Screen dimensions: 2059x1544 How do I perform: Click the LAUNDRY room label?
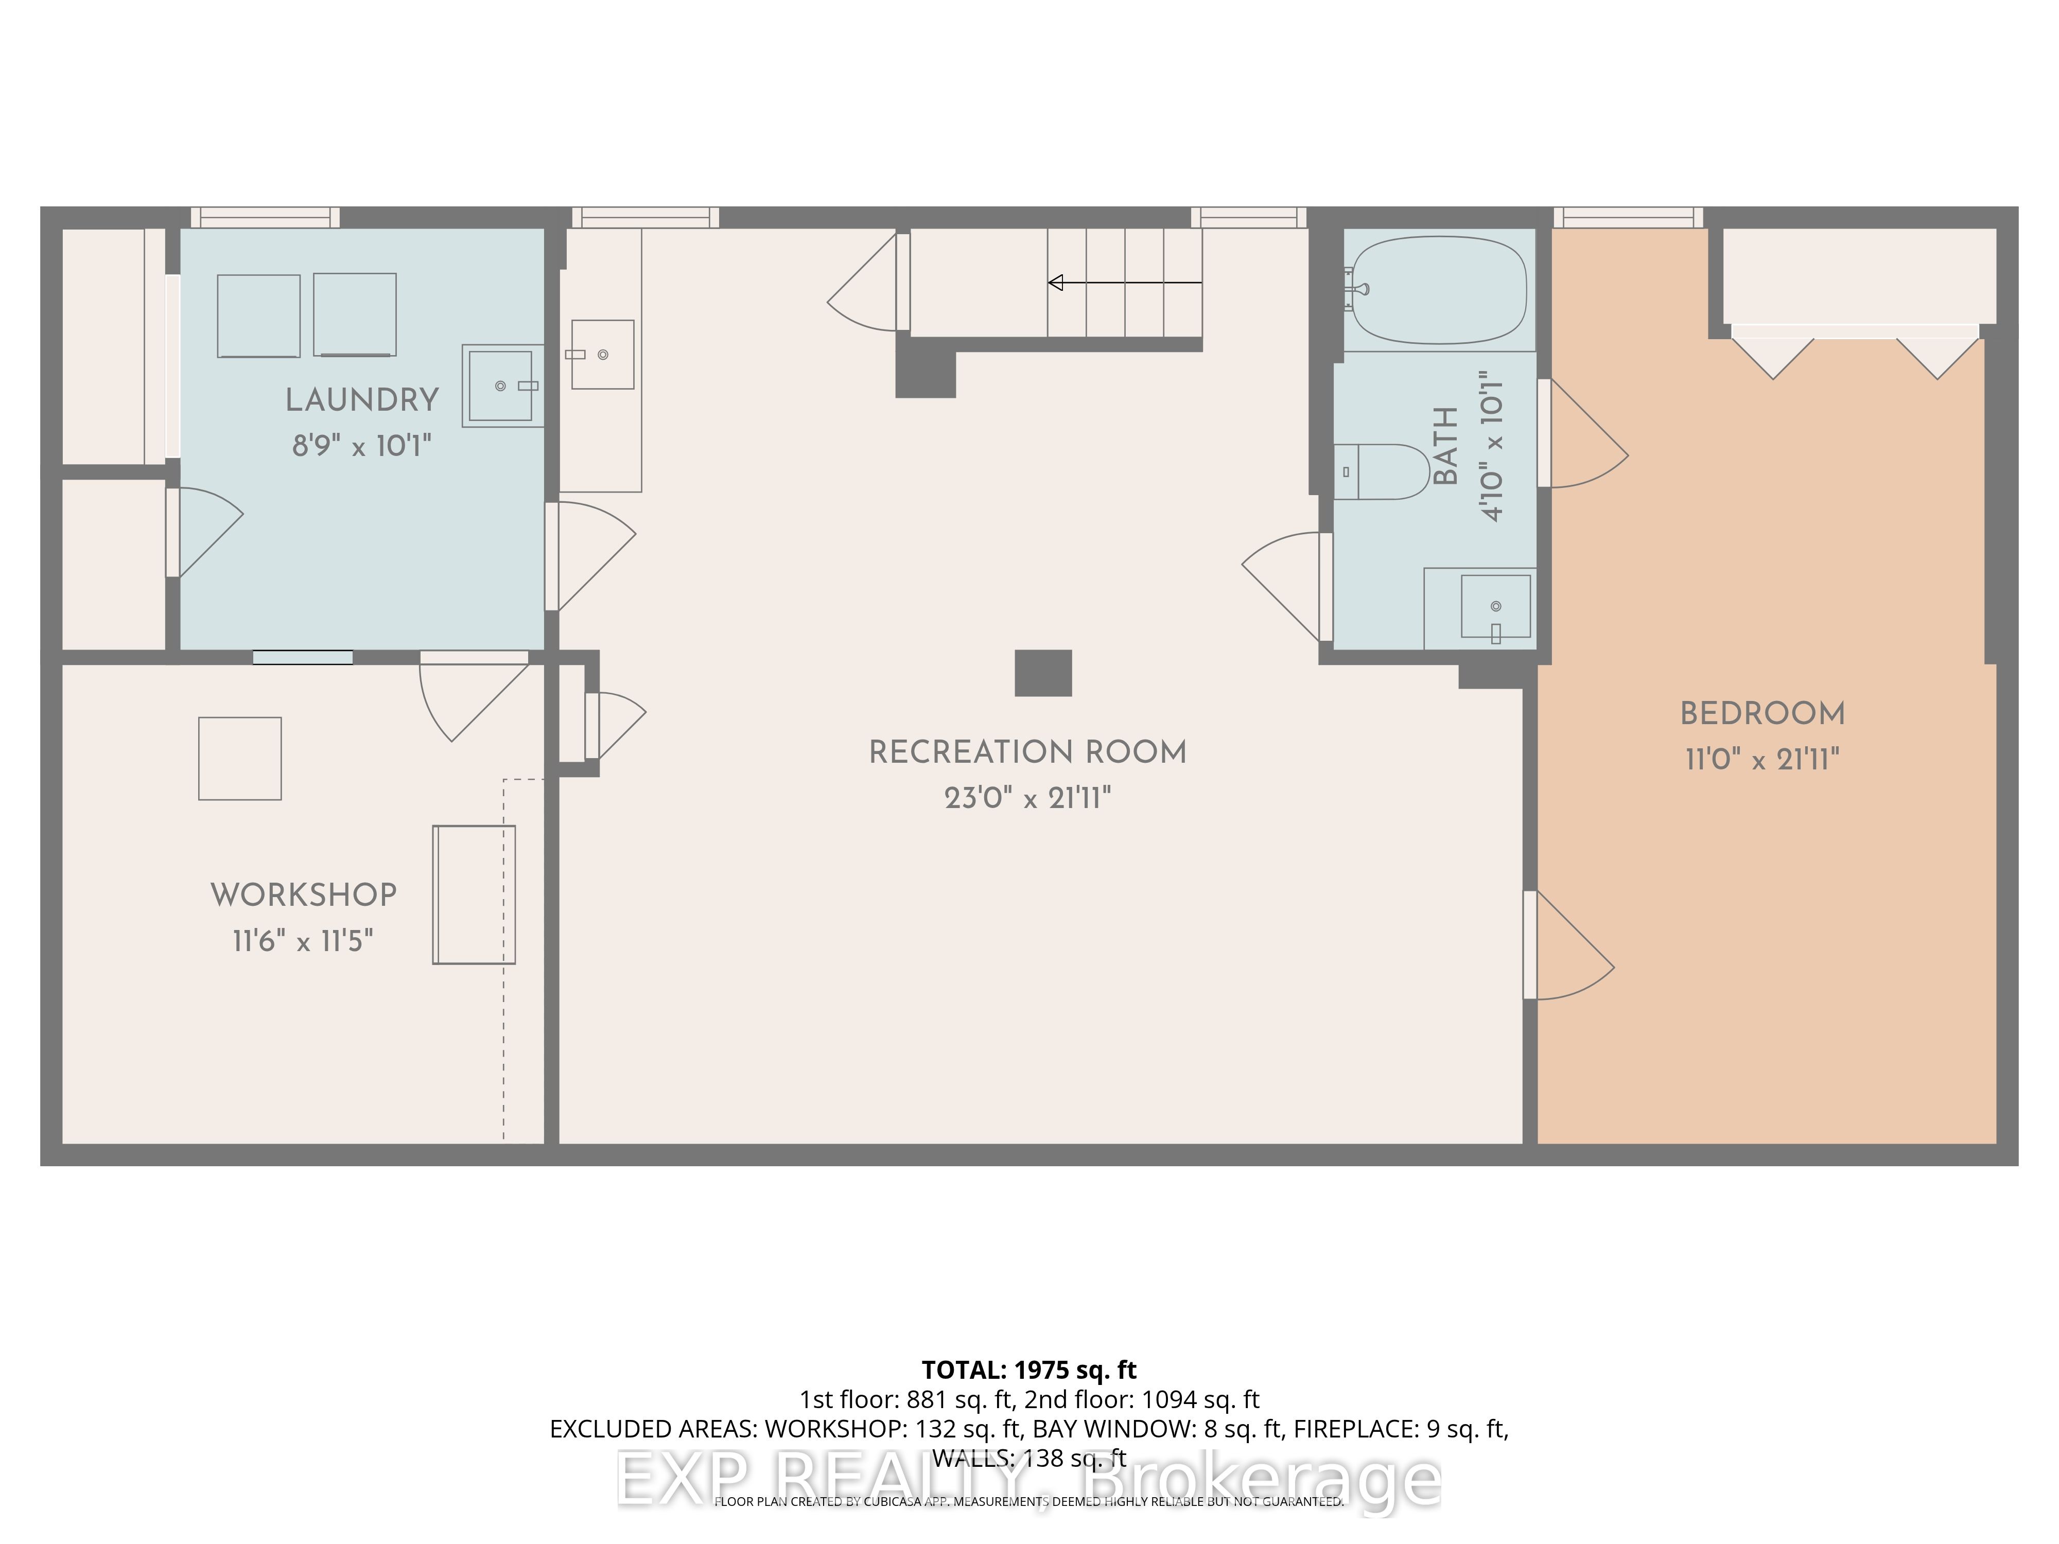361,400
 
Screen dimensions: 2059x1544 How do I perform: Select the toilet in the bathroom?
1382,472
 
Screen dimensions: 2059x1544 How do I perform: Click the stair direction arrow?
1124,282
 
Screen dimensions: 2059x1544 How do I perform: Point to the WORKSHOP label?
304,896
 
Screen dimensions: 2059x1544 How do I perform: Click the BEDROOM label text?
1762,714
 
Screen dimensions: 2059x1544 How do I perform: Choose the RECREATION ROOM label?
1027,752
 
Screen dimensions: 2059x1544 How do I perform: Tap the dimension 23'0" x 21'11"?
1027,798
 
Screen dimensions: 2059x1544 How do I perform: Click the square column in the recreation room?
1042,673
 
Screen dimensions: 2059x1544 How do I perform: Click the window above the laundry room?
265,218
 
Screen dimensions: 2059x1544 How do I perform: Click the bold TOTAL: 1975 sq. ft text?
1028,1370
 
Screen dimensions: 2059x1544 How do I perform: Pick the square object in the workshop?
240,759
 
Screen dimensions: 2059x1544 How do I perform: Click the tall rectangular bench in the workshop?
474,894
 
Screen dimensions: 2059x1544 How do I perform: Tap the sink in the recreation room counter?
602,355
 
